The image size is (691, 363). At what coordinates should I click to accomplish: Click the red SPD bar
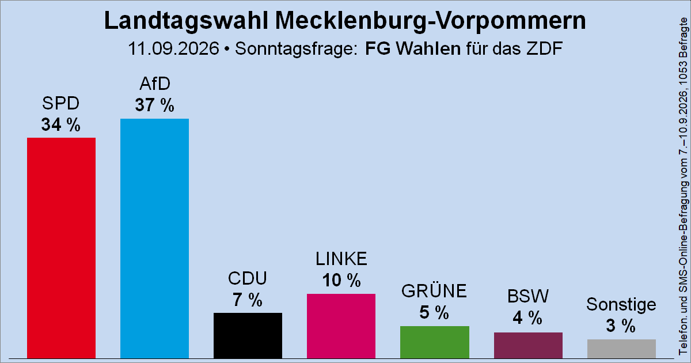tap(61, 248)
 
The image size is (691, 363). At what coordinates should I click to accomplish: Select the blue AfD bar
tap(154, 239)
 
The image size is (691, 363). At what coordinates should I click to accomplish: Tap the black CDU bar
tap(248, 335)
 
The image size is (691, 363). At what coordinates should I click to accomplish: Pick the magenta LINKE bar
tap(341, 326)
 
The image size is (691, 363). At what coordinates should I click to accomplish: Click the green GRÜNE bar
tap(435, 342)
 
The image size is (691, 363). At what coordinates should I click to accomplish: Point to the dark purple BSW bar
tap(528, 345)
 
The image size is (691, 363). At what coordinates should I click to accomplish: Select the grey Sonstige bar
tap(621, 349)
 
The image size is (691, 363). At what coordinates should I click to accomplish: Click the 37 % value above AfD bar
tap(154, 105)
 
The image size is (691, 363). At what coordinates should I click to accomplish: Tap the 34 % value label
tap(61, 124)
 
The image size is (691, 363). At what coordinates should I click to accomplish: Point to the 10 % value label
tap(341, 280)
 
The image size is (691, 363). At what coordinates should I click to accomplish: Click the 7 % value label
tap(248, 300)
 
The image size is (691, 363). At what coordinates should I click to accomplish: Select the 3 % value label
tap(621, 326)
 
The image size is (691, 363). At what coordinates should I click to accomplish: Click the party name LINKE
tap(341, 259)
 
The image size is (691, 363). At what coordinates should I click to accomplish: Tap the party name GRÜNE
tap(434, 290)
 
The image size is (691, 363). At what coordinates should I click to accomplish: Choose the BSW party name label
tap(528, 296)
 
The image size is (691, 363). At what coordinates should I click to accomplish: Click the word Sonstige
tap(621, 305)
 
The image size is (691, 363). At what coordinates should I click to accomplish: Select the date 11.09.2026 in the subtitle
tap(173, 48)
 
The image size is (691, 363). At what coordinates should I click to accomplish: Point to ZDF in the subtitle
tap(545, 48)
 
